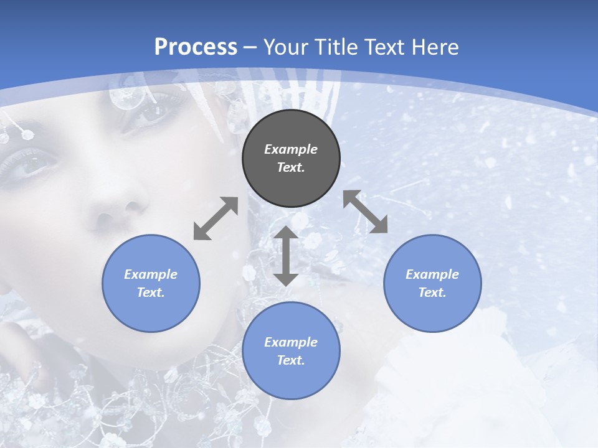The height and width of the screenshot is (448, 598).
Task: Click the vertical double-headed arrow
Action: click(x=286, y=256)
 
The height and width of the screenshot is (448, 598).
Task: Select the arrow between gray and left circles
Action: click(x=216, y=218)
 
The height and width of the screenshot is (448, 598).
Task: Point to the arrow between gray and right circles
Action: click(x=366, y=212)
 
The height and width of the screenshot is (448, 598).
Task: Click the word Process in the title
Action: click(x=196, y=47)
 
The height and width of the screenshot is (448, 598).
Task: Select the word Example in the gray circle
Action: click(x=291, y=149)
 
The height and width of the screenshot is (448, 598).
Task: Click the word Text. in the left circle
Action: click(x=151, y=292)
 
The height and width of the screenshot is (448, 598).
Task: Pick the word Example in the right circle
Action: click(x=432, y=274)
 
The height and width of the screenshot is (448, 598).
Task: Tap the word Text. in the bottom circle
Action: click(x=291, y=360)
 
